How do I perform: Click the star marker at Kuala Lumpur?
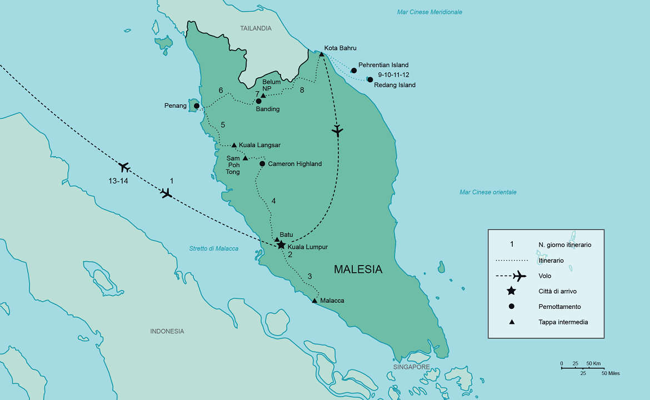coord(281,245)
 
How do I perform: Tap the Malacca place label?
coord(332,301)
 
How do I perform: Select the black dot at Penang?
coord(196,106)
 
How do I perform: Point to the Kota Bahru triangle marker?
coord(322,54)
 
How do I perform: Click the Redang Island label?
coord(394,85)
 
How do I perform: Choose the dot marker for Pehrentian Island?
coord(354,71)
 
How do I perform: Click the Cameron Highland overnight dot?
coord(262,164)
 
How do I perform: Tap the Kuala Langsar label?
coord(259,145)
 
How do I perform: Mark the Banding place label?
coord(267,109)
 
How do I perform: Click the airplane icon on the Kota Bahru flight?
coord(337,131)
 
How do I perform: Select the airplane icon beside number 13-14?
coord(124,167)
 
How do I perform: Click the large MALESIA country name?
coord(358,269)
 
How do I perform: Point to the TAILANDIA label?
coord(256,28)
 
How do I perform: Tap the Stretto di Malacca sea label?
coord(213,248)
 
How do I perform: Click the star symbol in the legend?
coord(511,291)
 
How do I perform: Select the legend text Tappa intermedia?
coord(563,322)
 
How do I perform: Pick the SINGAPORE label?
coord(411,367)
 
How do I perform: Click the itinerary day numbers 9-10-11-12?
coord(393,75)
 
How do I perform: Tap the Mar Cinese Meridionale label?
coord(429,12)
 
